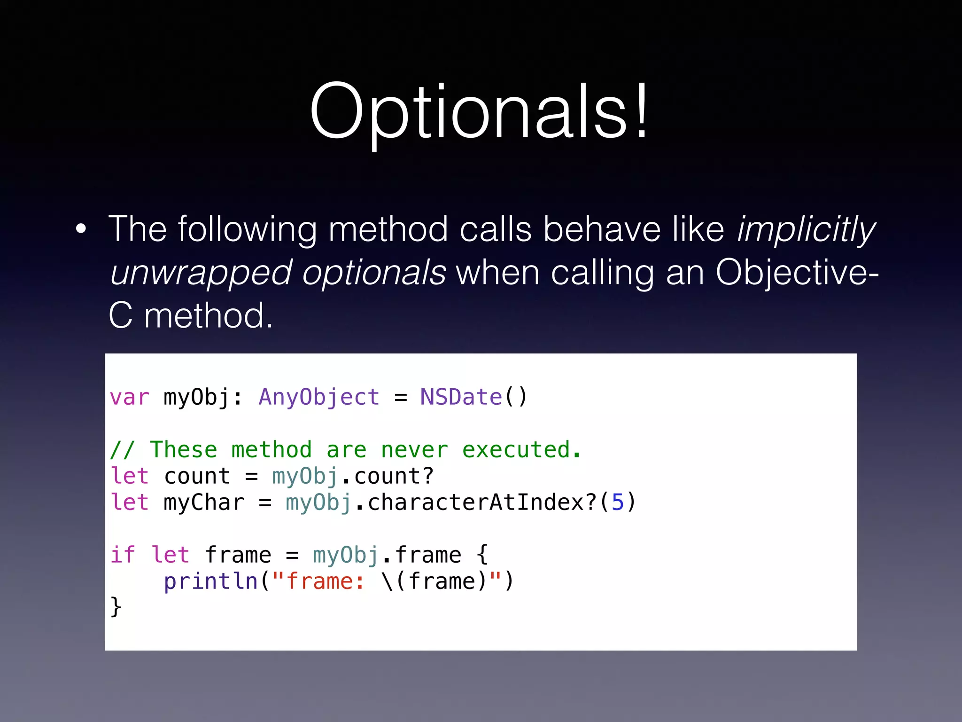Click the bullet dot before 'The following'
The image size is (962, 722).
coord(81,229)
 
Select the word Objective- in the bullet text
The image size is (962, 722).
coord(796,273)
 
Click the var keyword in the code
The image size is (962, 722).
coord(129,398)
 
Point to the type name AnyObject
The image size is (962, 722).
coord(319,398)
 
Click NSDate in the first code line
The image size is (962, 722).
coord(461,398)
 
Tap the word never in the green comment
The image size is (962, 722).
coord(414,450)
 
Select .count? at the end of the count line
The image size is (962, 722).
coord(388,477)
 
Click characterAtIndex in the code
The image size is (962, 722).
coord(476,503)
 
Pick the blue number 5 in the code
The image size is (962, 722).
coord(617,503)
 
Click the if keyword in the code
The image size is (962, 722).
coord(122,556)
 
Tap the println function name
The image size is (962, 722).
coord(210,582)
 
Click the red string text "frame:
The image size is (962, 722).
coord(318,582)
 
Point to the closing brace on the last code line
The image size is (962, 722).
coord(116,607)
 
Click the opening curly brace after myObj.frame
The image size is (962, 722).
coord(482,556)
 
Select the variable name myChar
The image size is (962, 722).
coord(204,503)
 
